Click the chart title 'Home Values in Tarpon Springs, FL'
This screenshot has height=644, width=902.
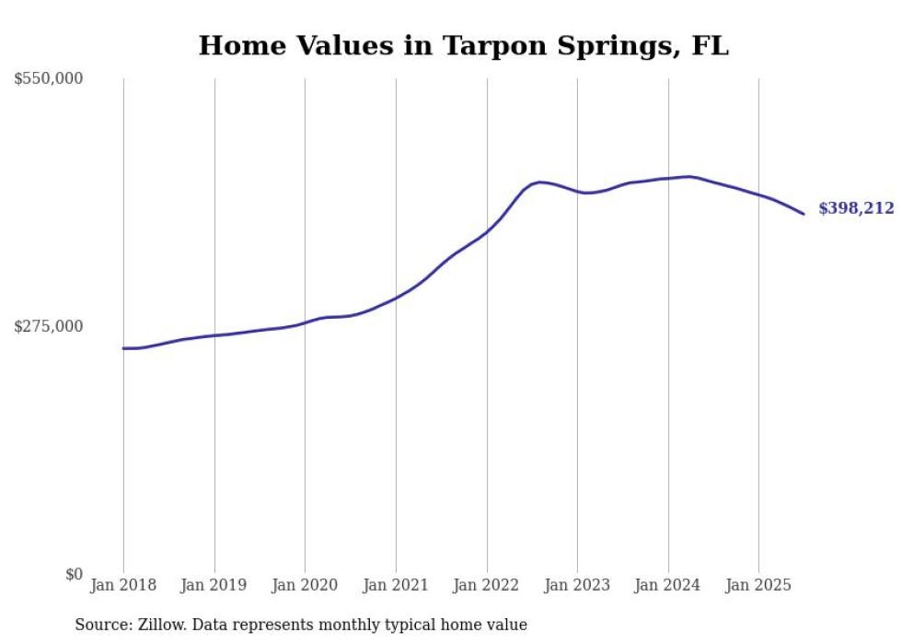463,46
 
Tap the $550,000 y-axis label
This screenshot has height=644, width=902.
48,79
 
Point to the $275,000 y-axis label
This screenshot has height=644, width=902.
48,326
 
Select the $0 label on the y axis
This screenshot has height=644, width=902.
74,574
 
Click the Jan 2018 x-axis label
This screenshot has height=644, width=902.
123,585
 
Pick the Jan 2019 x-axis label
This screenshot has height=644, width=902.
214,585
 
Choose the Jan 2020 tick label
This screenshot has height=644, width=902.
305,585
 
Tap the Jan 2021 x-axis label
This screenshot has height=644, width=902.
396,585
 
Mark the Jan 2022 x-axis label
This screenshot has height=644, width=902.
487,585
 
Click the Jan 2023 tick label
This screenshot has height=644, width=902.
577,585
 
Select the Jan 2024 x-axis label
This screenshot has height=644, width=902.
668,585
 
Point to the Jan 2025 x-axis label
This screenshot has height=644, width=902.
758,585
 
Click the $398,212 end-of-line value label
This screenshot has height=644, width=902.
856,209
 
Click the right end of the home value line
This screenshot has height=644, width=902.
804,215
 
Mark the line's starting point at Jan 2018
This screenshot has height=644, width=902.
123,348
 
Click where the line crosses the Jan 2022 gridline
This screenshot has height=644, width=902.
487,230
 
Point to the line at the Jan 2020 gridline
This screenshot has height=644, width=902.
305,322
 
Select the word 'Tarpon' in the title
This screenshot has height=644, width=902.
487,46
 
